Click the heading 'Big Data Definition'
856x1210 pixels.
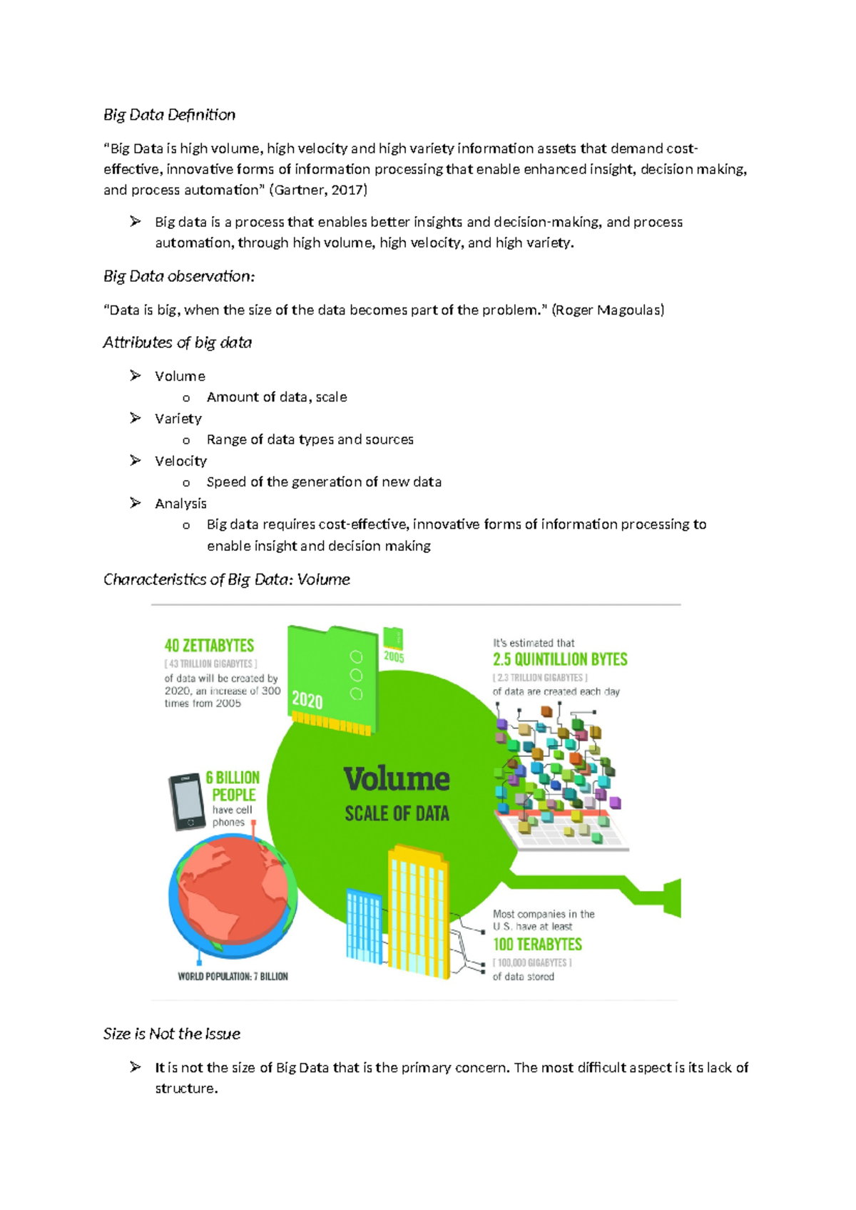tap(169, 115)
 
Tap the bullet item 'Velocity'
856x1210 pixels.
tap(180, 461)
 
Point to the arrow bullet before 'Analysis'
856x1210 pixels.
tap(136, 503)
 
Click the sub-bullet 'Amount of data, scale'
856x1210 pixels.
tap(277, 397)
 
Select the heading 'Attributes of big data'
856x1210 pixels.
tap(177, 342)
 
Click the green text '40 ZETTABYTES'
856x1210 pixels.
tap(209, 646)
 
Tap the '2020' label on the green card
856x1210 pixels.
tap(307, 700)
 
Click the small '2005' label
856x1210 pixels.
tap(394, 656)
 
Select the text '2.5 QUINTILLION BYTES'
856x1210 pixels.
tap(560, 659)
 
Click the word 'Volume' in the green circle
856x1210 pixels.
tap(397, 778)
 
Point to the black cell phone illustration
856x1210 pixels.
tap(187, 802)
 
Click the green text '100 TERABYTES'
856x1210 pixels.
tap(537, 944)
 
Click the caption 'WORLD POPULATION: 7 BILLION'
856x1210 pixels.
tap(233, 976)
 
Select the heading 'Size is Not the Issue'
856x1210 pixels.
tap(171, 1034)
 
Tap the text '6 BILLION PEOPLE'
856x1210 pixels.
tap(233, 786)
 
